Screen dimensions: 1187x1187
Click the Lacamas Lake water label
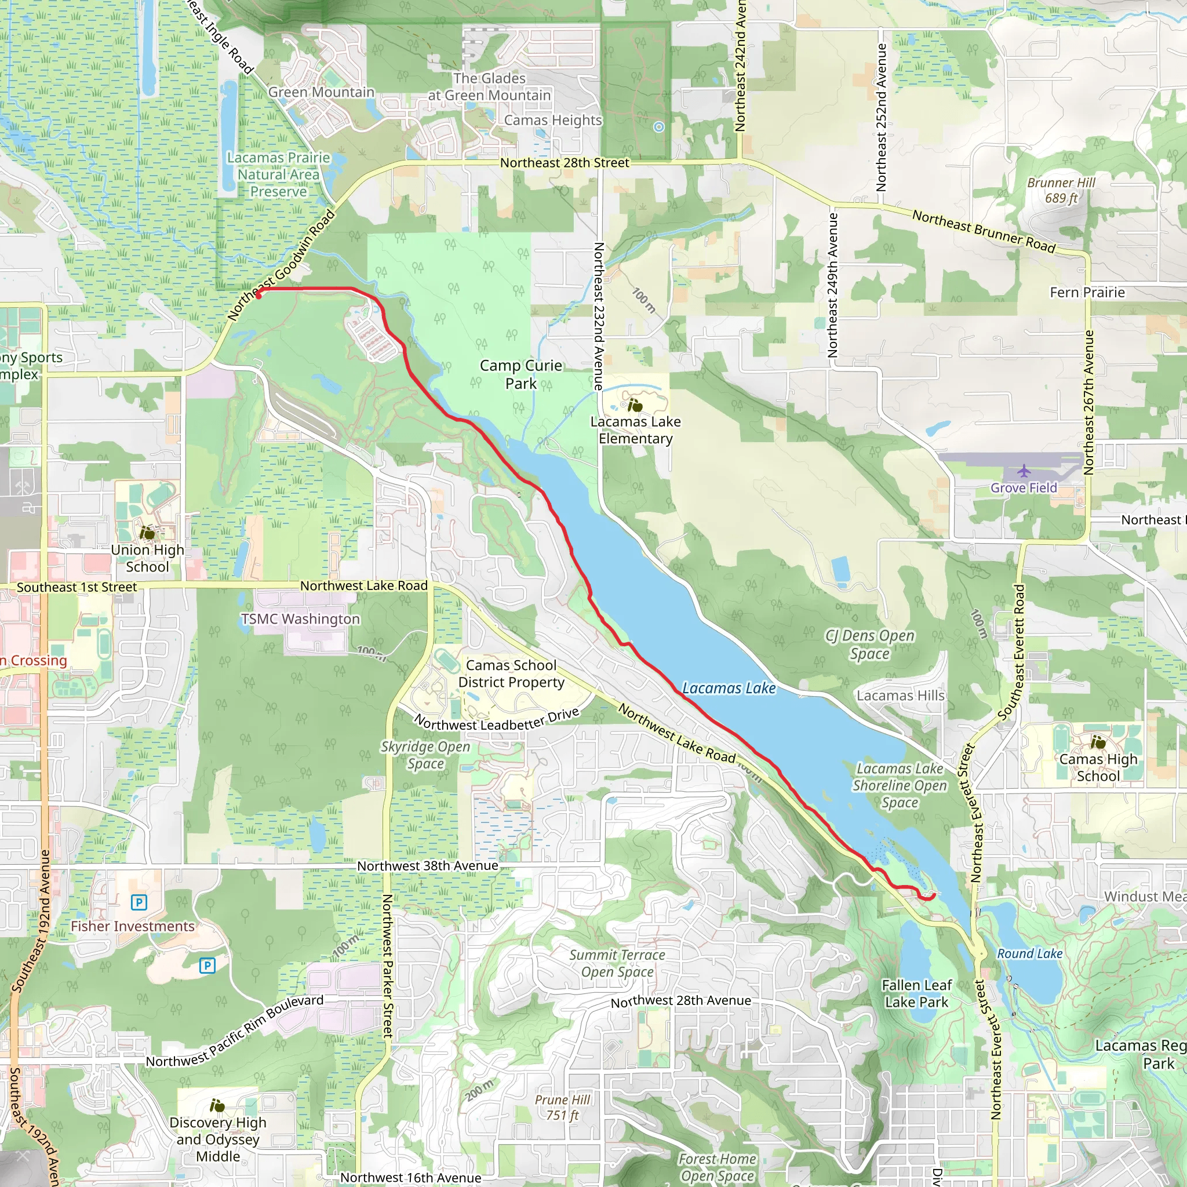(729, 688)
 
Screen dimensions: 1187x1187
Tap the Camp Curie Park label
(520, 374)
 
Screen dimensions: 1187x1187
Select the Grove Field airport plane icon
(1024, 471)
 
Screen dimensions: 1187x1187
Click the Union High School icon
(147, 532)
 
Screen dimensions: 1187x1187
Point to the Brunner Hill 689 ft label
(1061, 191)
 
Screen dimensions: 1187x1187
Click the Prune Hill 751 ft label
(562, 1107)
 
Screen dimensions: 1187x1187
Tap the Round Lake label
(1030, 953)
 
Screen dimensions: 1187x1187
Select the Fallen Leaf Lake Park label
(917, 993)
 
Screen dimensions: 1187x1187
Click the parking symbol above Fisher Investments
(139, 902)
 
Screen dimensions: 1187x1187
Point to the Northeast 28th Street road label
(564, 163)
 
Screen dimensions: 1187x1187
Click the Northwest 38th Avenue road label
(428, 866)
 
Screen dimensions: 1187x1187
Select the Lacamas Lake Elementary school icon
(635, 405)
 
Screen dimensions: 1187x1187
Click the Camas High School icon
(1098, 742)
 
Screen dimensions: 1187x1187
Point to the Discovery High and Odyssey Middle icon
(217, 1106)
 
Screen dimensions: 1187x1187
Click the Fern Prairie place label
(1087, 293)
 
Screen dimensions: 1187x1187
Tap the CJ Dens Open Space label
(869, 645)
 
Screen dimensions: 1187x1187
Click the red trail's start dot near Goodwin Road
(258, 296)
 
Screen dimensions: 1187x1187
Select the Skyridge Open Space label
(425, 755)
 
